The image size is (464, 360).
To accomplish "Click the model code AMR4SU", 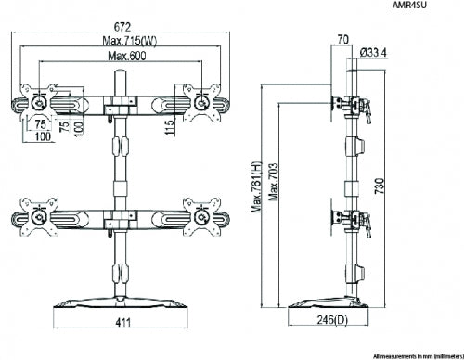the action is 409,5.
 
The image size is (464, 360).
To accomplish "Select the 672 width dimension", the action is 122,27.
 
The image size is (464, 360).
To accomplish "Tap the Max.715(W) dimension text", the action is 130,41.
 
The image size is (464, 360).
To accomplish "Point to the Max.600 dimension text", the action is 127,56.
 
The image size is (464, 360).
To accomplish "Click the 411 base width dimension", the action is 123,323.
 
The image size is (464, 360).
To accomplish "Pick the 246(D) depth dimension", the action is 332,319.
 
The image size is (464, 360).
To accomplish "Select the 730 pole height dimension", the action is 380,186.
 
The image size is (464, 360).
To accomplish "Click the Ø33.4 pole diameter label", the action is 373,53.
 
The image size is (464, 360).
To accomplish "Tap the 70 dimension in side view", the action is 342,39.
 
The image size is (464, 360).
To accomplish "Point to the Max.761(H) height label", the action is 256,187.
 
